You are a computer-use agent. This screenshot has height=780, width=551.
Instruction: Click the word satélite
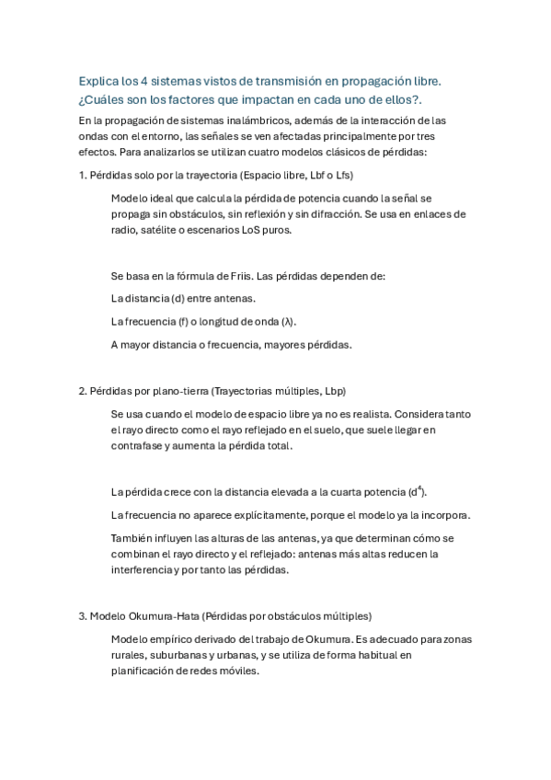click(x=152, y=230)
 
